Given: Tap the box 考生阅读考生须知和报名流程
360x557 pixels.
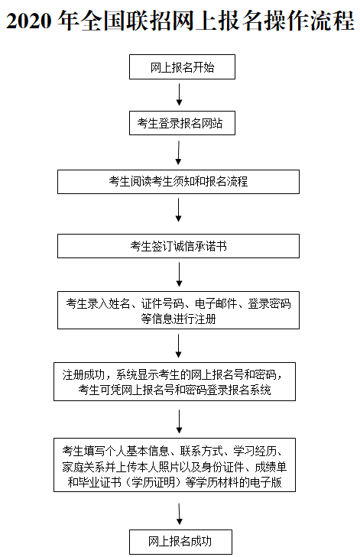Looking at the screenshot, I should pyautogui.click(x=179, y=182).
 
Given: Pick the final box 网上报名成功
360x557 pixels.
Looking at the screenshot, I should pyautogui.click(x=180, y=542).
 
